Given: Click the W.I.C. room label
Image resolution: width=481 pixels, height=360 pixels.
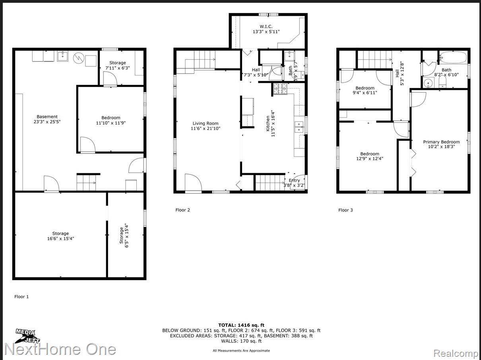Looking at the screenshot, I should [x=266, y=27].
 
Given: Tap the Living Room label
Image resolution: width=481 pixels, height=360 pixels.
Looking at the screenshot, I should [x=206, y=123].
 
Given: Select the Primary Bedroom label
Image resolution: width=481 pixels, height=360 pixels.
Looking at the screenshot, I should [x=441, y=142].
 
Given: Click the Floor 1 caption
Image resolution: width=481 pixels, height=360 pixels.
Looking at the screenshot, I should [x=21, y=296].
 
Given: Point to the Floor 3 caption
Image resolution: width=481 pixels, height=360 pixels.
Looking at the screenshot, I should [x=345, y=210].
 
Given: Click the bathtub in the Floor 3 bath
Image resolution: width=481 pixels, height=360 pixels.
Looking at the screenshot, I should [x=453, y=58].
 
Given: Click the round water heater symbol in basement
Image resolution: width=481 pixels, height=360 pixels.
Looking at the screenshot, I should [x=80, y=58].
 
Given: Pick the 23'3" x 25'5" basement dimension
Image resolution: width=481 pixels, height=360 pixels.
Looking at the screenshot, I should [x=48, y=122].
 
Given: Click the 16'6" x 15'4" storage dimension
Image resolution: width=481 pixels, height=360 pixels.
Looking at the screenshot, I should [x=60, y=239].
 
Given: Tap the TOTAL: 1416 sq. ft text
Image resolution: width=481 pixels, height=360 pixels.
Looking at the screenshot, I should [x=241, y=325].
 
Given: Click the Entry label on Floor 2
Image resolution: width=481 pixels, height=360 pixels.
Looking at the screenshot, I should [x=294, y=180].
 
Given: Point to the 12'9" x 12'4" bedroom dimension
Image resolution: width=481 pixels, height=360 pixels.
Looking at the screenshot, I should [x=370, y=159].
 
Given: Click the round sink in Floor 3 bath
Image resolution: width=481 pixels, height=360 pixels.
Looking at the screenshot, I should [x=428, y=83].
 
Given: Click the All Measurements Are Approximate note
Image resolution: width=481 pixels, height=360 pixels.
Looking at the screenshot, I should [x=241, y=350].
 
